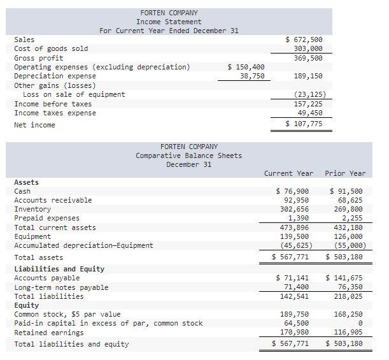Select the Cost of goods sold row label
[51, 48]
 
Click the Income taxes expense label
[55, 113]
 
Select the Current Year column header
[288, 173]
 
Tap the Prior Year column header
[345, 173]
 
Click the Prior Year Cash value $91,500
[346, 191]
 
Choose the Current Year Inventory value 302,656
[295, 209]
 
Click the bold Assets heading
[26, 182]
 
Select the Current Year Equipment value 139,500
[295, 236]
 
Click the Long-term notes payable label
[61, 287]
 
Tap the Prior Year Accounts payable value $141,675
[344, 278]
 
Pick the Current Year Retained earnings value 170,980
[295, 333]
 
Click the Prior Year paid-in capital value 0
[360, 324]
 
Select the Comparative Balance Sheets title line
[188, 155]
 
